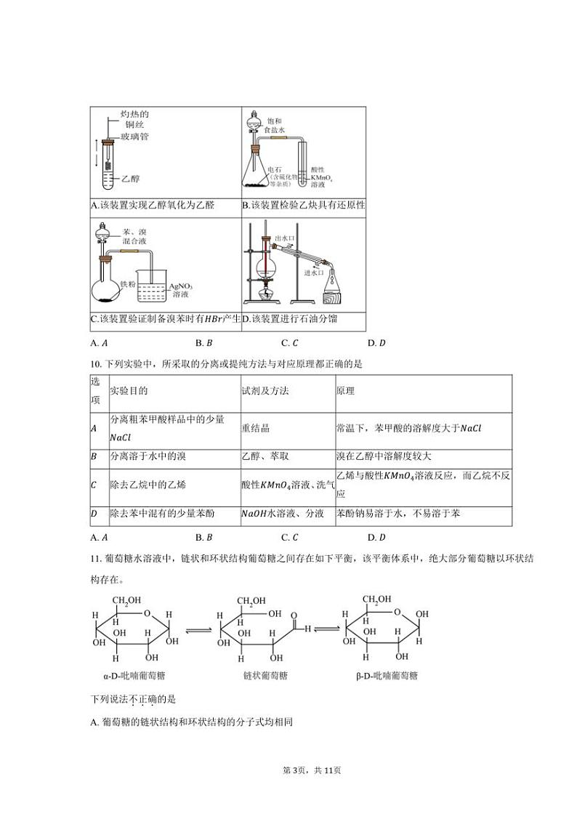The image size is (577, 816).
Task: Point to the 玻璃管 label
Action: [135, 137]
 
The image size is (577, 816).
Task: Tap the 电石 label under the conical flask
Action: [273, 169]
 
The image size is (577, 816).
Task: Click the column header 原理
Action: [346, 391]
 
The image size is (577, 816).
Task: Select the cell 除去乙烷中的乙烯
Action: [148, 484]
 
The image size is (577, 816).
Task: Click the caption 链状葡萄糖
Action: [265, 675]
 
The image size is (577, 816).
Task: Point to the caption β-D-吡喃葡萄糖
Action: [387, 675]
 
